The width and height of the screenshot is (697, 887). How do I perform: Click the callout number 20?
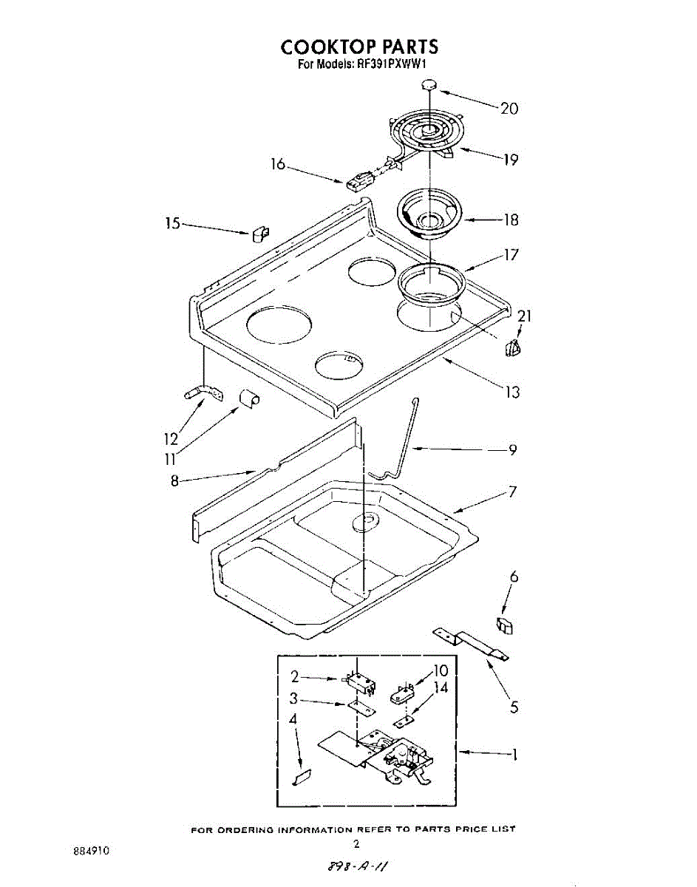click(509, 108)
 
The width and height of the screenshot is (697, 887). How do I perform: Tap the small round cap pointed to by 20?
click(429, 85)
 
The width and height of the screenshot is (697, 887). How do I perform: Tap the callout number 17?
click(511, 255)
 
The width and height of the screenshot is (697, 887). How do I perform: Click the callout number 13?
click(511, 392)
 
